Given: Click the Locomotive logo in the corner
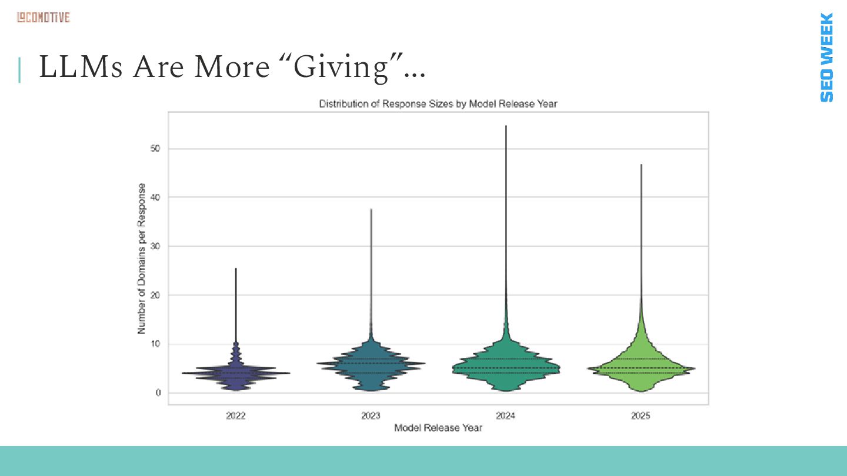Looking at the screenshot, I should click(x=43, y=18).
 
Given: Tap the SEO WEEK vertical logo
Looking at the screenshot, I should click(x=826, y=57).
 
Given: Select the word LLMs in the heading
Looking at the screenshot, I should click(x=80, y=68).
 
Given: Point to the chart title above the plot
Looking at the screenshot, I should click(x=438, y=103).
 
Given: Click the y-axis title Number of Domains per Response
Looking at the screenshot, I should click(x=142, y=259).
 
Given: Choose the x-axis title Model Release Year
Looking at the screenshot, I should click(x=438, y=428).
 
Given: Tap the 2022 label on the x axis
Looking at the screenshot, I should click(x=236, y=416).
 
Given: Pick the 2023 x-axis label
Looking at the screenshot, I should click(x=371, y=416).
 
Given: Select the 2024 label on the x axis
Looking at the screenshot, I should click(x=506, y=416).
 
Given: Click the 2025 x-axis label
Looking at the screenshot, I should click(x=641, y=416).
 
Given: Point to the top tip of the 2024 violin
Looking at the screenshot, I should click(x=506, y=126).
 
